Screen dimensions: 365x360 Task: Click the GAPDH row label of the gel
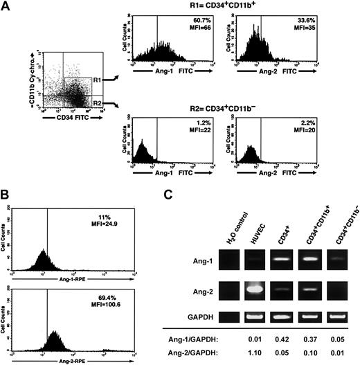[x=201, y=318]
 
